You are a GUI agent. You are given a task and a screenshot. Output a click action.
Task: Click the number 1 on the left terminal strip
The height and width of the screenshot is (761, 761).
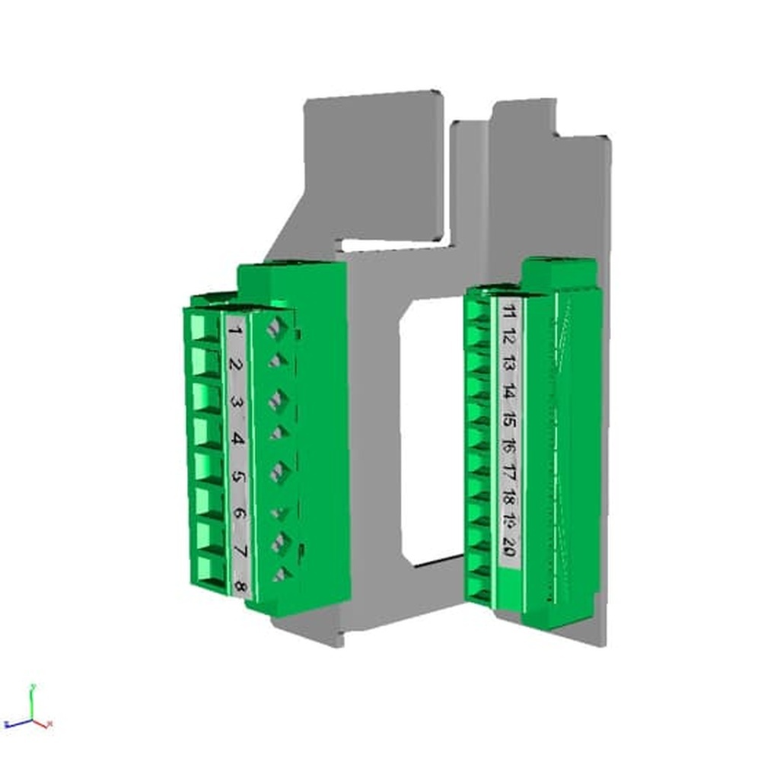[235, 330]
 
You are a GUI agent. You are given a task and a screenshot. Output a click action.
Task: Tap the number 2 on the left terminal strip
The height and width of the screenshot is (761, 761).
[236, 365]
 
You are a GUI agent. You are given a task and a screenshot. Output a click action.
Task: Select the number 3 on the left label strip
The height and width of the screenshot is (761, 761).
[237, 402]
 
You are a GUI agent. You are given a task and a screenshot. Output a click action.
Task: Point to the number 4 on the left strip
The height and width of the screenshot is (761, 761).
[237, 439]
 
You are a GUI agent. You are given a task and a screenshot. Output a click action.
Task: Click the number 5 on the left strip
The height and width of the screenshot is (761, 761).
[238, 477]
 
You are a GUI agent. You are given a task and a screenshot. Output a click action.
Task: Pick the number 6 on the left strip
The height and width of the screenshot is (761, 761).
[239, 513]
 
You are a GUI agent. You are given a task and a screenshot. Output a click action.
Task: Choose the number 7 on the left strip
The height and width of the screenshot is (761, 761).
[240, 549]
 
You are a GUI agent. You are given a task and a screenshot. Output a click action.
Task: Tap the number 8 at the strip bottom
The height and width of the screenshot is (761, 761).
[240, 586]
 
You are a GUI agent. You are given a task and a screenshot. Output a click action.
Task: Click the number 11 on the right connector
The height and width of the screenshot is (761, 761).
[509, 311]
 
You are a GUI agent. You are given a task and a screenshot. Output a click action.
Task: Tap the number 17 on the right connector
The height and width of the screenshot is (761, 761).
[509, 473]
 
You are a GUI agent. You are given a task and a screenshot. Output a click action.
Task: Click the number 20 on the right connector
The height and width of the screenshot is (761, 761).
[509, 546]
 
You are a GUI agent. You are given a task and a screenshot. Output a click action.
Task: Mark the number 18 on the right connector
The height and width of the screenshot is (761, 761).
[509, 499]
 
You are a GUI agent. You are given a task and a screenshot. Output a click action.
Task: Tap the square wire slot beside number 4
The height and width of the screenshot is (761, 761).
[207, 431]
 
